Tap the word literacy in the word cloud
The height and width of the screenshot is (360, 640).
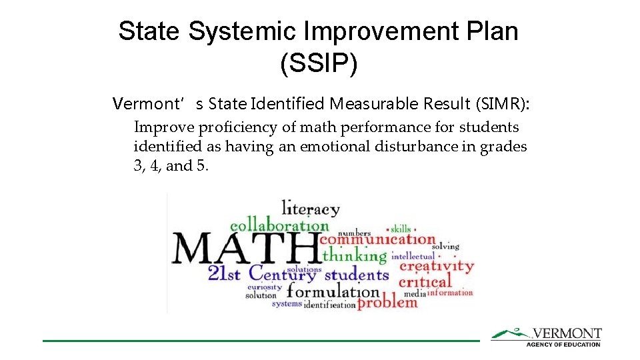(310, 209)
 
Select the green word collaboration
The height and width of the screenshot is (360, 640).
(279, 225)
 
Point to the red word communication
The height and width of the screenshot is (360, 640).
(377, 239)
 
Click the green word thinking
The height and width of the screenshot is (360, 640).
(354, 255)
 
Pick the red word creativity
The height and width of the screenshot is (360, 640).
(437, 266)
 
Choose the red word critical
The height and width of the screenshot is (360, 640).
(425, 281)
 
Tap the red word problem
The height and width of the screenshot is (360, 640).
(387, 302)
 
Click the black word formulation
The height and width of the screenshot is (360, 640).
(333, 291)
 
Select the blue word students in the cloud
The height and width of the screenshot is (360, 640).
(356, 274)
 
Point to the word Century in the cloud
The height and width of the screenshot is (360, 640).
(282, 273)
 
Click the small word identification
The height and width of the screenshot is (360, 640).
(329, 305)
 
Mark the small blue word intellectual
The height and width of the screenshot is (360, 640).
(413, 256)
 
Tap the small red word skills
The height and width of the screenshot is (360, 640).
(401, 229)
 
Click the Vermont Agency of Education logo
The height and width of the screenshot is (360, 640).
(546, 337)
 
